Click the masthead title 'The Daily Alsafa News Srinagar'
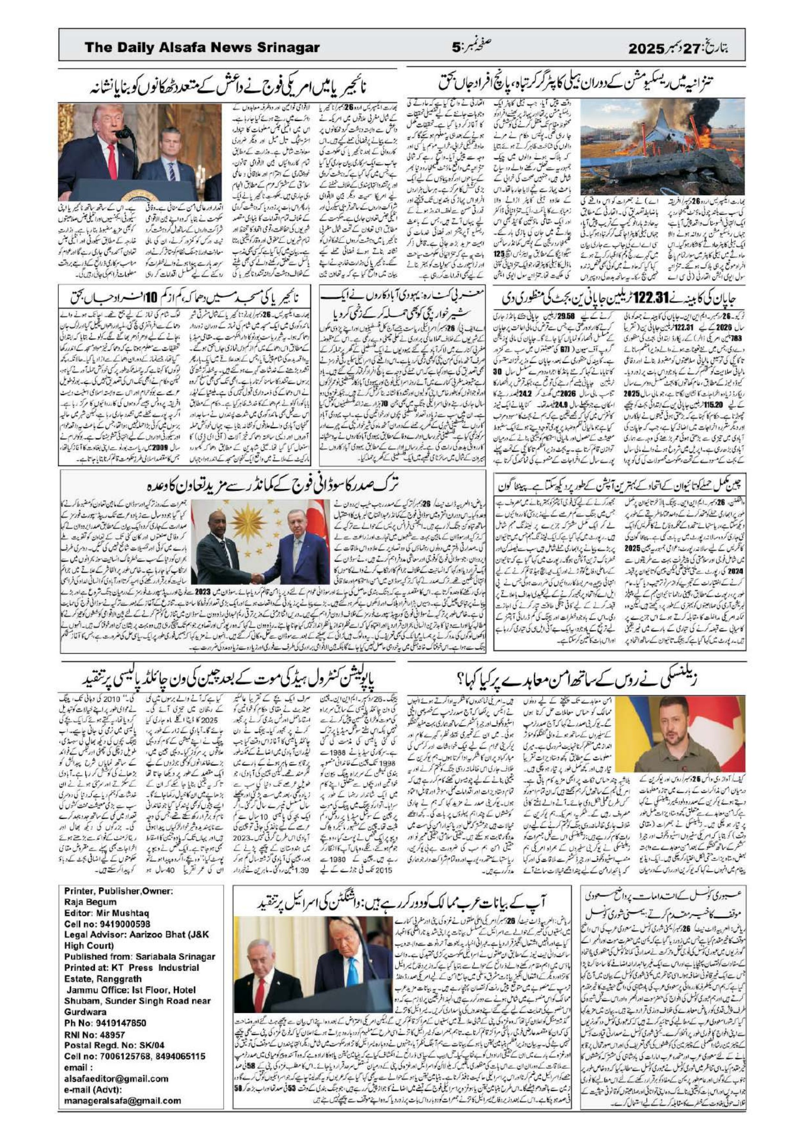(202, 48)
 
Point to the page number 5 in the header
(456, 48)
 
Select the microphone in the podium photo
(123, 133)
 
